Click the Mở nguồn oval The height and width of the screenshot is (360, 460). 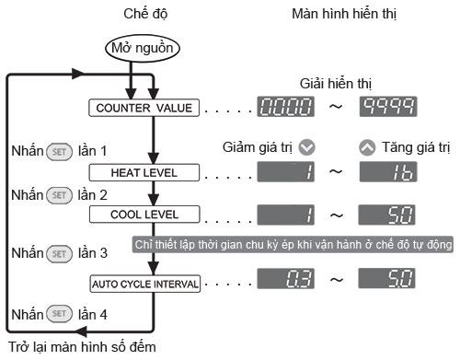(143, 48)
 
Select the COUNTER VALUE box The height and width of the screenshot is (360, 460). (144, 108)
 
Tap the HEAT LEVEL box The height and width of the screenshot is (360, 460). (144, 172)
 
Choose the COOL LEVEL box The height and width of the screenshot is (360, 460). (144, 215)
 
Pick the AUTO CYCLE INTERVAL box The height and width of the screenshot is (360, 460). (144, 284)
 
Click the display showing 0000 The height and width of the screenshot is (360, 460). (285, 107)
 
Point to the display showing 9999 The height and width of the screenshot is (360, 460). (388, 107)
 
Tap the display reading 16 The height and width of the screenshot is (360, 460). (388, 171)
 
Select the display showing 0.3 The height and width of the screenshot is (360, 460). (285, 279)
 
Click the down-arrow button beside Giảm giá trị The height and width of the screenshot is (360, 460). (307, 147)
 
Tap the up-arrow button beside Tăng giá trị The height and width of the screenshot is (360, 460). (367, 147)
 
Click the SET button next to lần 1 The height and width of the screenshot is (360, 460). (59, 152)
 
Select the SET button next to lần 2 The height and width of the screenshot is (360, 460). (59, 195)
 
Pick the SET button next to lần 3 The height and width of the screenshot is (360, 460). (59, 254)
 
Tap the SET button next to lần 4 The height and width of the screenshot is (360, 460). (59, 314)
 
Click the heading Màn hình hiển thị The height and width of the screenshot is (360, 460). (344, 14)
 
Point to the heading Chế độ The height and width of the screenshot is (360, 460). (145, 14)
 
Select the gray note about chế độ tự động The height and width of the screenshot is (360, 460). (293, 244)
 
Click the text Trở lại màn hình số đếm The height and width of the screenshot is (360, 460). (82, 347)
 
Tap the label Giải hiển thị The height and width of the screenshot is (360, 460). (336, 84)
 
